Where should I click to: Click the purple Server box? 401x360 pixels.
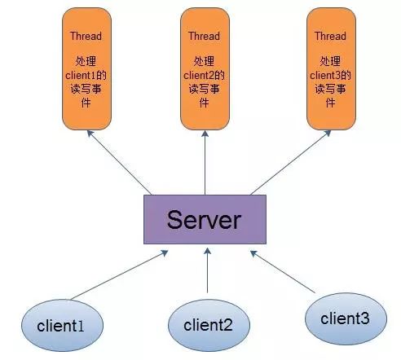[x=205, y=219]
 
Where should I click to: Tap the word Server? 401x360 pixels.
[x=204, y=220]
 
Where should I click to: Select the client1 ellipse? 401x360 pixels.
[x=62, y=325]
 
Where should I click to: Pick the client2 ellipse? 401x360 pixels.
[x=209, y=325]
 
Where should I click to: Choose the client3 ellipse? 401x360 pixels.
[x=346, y=318]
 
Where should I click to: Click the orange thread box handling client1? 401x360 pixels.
[x=86, y=68]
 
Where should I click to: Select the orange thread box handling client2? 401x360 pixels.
[x=205, y=68]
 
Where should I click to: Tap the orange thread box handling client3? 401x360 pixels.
[x=331, y=68]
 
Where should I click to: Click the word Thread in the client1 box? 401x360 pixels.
[x=86, y=36]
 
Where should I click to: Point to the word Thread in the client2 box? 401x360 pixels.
[x=204, y=36]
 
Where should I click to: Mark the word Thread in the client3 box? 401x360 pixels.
[x=330, y=36]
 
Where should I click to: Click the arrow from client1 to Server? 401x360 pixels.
[x=119, y=275]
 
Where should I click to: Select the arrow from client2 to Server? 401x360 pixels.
[x=207, y=270]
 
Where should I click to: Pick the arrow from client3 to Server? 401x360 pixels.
[x=283, y=272]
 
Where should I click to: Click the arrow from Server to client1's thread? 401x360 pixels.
[x=119, y=163]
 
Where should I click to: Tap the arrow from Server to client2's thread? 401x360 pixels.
[x=205, y=163]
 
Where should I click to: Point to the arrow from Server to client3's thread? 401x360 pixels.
[x=291, y=163]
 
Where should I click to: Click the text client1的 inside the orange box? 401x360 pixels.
[x=86, y=75]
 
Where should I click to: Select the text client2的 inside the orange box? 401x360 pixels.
[x=204, y=75]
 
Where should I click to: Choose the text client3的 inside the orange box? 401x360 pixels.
[x=330, y=75]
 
